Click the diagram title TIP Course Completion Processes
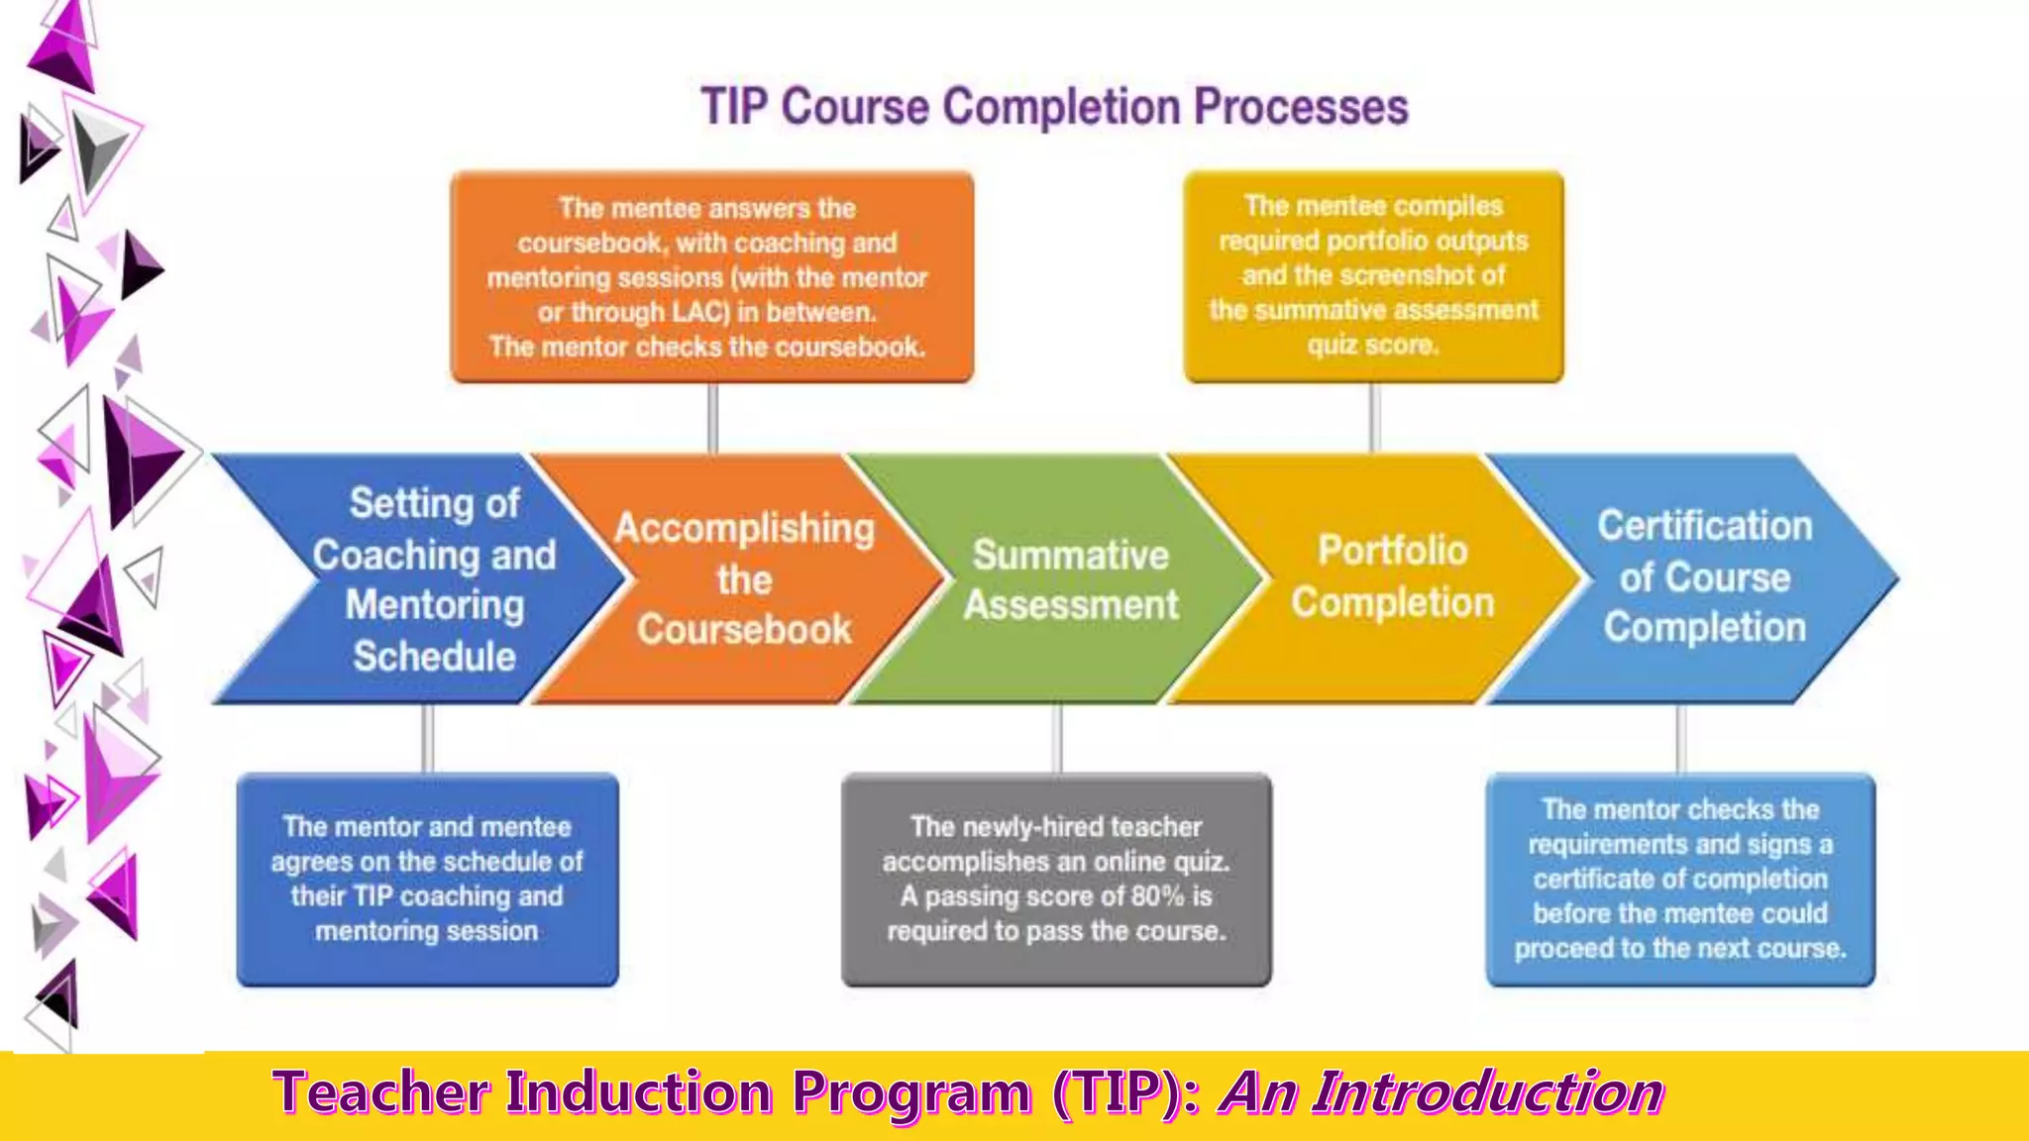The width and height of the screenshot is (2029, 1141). pos(1054,107)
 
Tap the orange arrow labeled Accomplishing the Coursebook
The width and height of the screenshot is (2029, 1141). pos(744,579)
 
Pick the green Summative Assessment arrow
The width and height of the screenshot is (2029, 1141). pos(1070,579)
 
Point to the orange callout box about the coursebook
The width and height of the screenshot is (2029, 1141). pos(711,277)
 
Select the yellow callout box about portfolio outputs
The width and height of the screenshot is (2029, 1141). pos(1373,276)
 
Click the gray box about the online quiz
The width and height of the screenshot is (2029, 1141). pos(1056,879)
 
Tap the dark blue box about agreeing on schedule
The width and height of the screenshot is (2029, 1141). pos(427,879)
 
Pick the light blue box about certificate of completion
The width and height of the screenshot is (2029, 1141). pos(1680,879)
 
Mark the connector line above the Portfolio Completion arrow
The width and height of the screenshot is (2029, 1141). pos(1374,418)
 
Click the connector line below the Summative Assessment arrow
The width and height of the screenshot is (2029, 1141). pos(1057,738)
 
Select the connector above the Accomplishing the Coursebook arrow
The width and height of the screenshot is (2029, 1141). pos(712,418)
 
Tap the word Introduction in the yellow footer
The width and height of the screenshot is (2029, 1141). pos(1488,1093)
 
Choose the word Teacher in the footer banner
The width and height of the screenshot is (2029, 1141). pos(381,1093)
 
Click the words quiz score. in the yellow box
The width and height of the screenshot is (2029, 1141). pos(1372,346)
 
